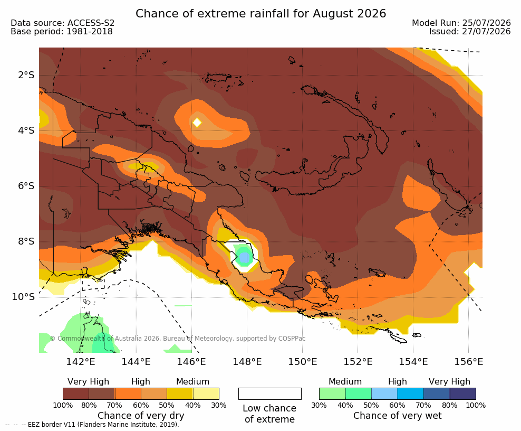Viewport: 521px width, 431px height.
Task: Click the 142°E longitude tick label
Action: tap(80, 362)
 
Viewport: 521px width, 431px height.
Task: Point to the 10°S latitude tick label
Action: tap(23, 297)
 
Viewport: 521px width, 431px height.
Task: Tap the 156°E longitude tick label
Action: tap(468, 362)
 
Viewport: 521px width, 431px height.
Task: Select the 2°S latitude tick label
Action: tap(26, 75)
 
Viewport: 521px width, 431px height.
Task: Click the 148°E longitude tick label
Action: tap(247, 362)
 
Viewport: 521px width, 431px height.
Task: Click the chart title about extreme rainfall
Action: tap(261, 14)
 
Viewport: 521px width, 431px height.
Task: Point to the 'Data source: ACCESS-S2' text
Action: tap(62, 23)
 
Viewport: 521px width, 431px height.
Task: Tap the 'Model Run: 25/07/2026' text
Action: tap(461, 23)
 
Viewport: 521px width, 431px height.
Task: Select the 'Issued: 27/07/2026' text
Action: tap(470, 32)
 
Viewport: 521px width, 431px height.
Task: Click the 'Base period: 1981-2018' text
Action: tap(62, 32)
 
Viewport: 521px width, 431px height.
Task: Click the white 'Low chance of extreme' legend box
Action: tap(270, 393)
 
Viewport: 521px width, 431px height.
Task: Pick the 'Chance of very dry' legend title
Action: tap(141, 416)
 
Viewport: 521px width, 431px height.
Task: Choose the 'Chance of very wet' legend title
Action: tap(398, 416)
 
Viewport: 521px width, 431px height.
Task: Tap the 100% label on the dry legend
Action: tap(63, 405)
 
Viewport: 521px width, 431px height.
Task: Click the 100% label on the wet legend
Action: tap(476, 405)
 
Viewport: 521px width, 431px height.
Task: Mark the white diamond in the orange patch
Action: tap(197, 123)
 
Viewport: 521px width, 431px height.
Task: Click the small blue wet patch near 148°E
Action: tap(244, 257)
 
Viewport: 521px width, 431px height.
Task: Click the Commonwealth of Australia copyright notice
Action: tap(177, 339)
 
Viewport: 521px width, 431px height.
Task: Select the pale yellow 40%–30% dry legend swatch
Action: tap(206, 393)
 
